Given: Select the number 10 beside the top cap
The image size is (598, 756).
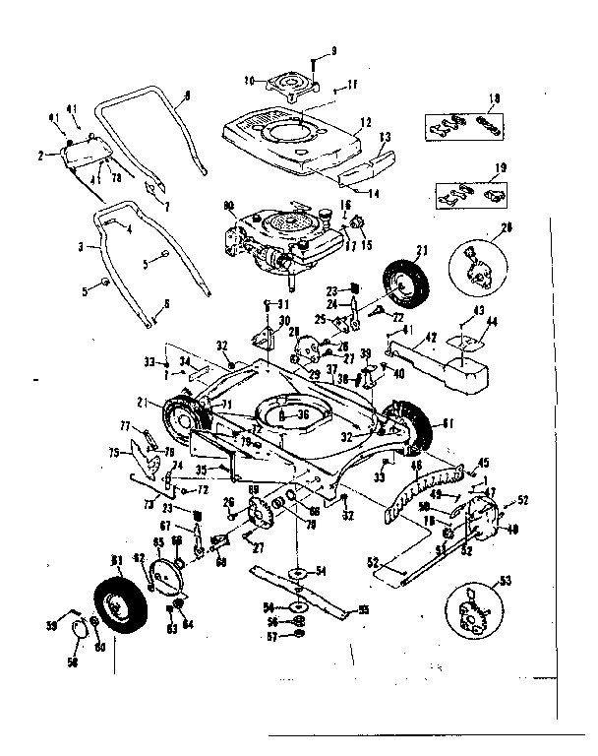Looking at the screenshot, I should click(249, 79).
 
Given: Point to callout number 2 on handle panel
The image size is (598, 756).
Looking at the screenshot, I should click(41, 155).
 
